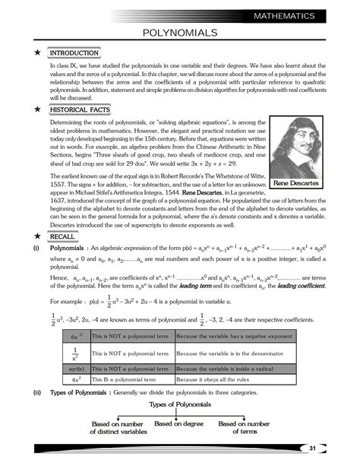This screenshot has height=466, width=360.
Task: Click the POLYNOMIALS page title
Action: pos(180,33)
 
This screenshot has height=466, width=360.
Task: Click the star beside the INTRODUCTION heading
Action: pos(36,52)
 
